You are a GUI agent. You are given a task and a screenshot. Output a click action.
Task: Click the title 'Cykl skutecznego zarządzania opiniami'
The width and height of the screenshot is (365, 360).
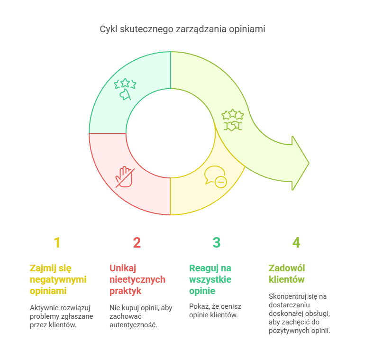coord(182,29)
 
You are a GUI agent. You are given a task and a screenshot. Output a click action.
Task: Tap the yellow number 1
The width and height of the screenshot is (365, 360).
coord(57,243)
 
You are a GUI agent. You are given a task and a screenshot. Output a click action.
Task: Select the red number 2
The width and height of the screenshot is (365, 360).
coord(137,243)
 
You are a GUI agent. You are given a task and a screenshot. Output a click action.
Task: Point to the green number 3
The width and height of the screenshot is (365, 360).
coord(217,243)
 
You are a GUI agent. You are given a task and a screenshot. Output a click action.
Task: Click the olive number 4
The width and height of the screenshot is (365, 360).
coord(296,243)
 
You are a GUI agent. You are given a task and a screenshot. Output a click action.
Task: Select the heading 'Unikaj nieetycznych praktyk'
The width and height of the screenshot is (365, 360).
coord(137,279)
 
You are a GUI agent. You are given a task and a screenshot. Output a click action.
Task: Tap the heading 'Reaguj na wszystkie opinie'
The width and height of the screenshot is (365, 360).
coord(210,279)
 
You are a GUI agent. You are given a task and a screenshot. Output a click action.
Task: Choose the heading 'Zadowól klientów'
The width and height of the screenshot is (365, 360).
coord(287,274)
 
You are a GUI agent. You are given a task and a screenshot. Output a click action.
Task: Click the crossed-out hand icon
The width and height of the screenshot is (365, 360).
coord(125,176)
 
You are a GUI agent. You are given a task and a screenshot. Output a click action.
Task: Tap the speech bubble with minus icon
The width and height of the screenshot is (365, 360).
coord(215,176)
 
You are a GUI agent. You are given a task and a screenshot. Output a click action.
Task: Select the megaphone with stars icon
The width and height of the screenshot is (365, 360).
coord(125,89)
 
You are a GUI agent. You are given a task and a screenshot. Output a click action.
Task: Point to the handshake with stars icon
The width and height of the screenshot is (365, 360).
coord(233,120)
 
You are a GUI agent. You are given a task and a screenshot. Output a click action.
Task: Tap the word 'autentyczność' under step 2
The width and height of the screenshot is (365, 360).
coord(133,325)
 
